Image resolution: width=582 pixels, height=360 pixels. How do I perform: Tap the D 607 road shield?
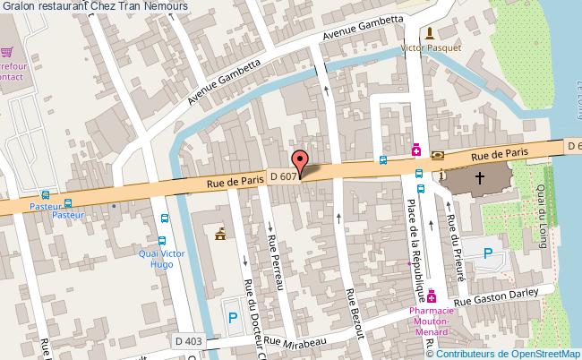click(x=281, y=175)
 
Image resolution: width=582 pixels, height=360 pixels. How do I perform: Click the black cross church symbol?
click(x=480, y=178)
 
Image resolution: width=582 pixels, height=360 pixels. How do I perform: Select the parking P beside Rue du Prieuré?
click(x=489, y=253)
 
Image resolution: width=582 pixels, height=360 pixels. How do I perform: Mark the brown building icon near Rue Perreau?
click(x=219, y=236)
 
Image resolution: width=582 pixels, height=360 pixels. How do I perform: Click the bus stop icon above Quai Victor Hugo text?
click(x=162, y=241)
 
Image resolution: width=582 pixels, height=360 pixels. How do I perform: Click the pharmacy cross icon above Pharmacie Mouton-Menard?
click(x=432, y=295)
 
